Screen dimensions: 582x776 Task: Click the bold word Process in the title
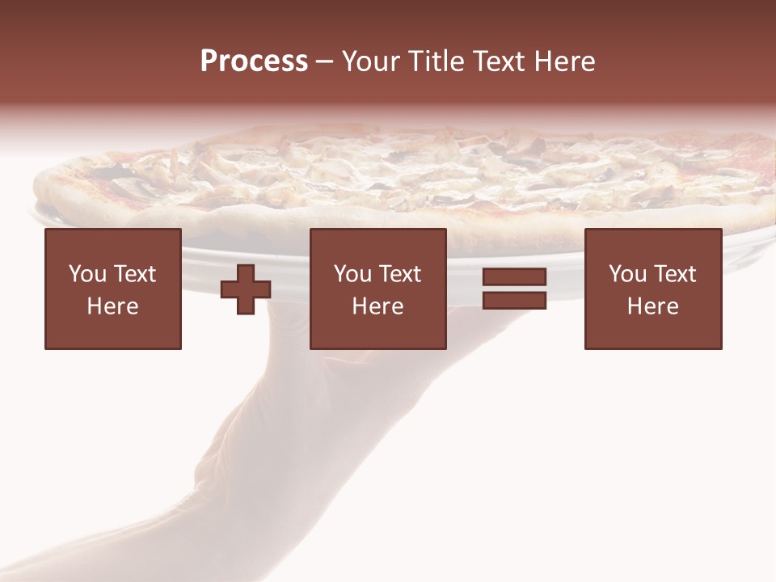tap(254, 61)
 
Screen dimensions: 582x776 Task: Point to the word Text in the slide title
tap(503, 61)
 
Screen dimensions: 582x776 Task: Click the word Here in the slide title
tap(567, 61)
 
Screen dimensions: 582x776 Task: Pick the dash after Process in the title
tap(324, 63)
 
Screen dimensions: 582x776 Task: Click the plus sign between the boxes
tap(246, 289)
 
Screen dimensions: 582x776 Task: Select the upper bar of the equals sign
tap(514, 277)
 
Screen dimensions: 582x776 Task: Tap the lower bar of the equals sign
tap(514, 300)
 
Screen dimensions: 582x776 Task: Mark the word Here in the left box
tap(112, 306)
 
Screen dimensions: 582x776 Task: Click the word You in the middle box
tap(352, 274)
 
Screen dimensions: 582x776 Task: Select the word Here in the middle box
tap(377, 306)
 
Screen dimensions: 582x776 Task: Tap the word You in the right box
tap(627, 274)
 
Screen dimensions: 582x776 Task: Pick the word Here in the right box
tap(652, 306)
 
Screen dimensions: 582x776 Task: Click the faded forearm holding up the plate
tap(267, 469)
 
